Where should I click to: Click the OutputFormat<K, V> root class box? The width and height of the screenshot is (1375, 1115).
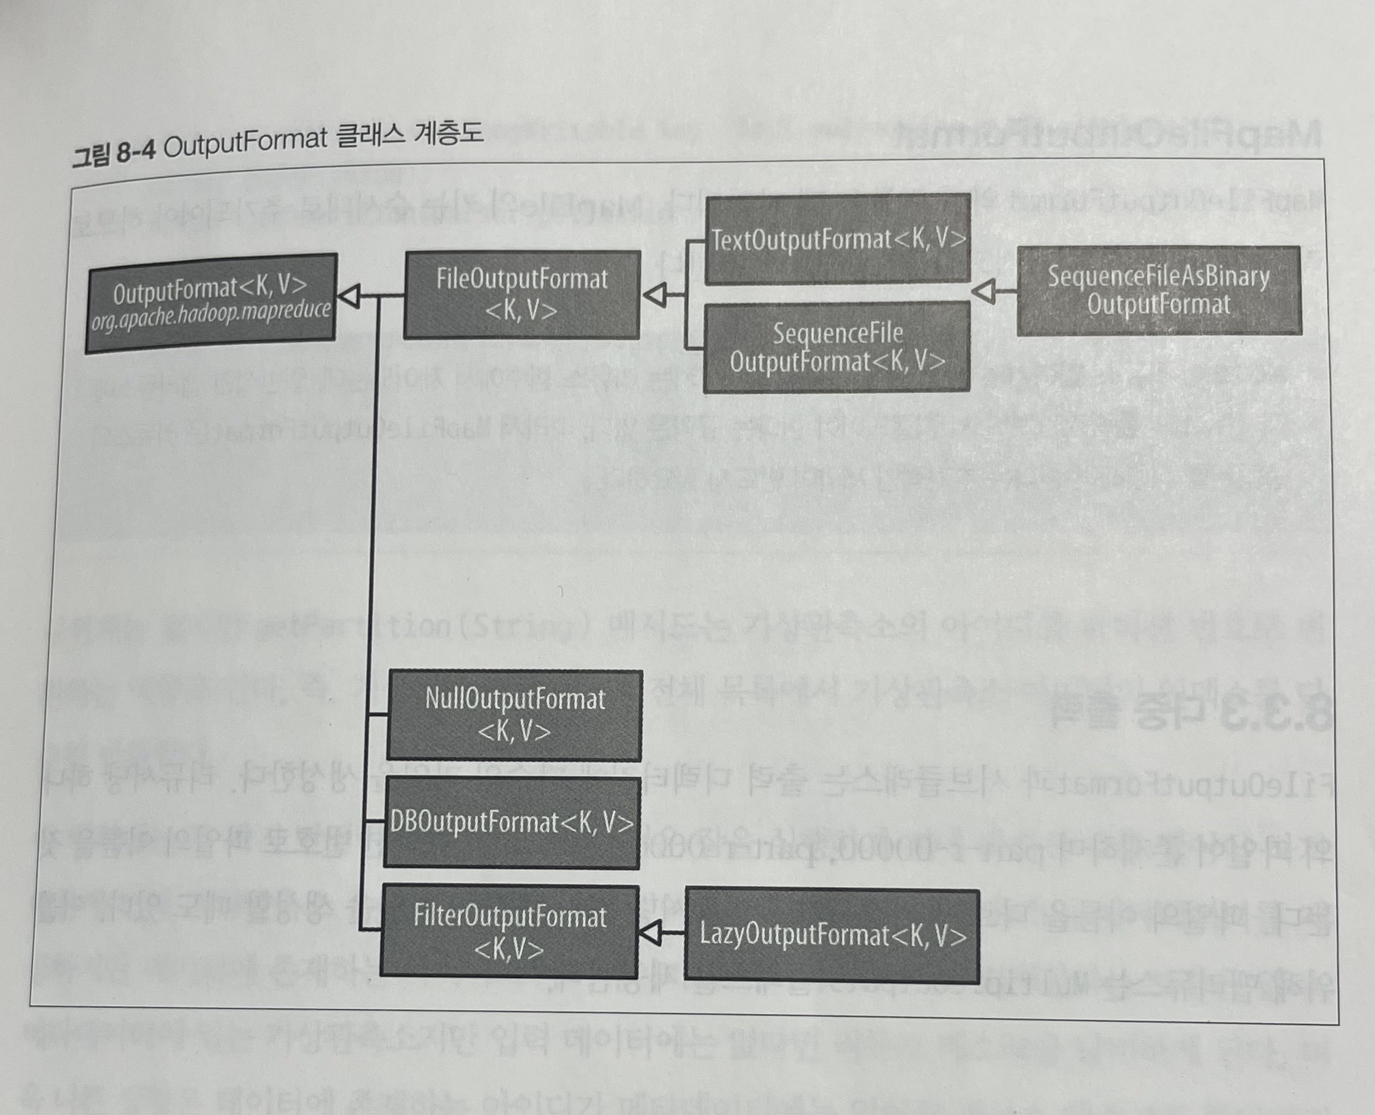[211, 302]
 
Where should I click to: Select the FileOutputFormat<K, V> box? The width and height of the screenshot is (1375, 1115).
[522, 294]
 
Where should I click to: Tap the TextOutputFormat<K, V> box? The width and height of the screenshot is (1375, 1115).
[838, 239]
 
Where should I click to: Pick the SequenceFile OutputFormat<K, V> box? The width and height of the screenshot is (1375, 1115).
[836, 347]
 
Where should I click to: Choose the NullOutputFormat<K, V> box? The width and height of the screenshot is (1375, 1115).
[514, 715]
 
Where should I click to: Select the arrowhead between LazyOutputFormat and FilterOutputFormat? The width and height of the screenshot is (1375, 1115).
[650, 932]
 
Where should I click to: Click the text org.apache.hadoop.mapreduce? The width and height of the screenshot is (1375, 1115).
[211, 316]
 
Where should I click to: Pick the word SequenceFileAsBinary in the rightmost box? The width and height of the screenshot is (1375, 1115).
[1159, 277]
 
